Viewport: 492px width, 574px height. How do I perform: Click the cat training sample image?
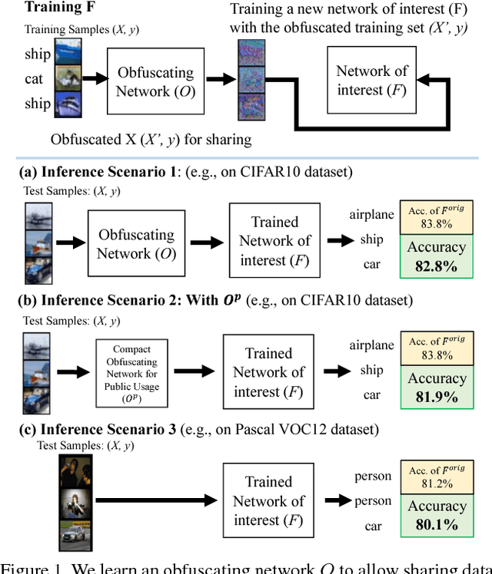(68, 78)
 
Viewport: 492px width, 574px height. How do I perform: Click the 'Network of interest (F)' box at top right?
(372, 81)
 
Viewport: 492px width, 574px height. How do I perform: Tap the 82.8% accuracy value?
(437, 266)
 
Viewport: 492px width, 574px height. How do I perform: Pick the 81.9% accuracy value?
(437, 398)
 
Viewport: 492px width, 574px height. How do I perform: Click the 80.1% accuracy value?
(437, 526)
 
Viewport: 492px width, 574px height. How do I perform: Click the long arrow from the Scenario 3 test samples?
(158, 502)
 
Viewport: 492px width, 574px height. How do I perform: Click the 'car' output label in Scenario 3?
(372, 526)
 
